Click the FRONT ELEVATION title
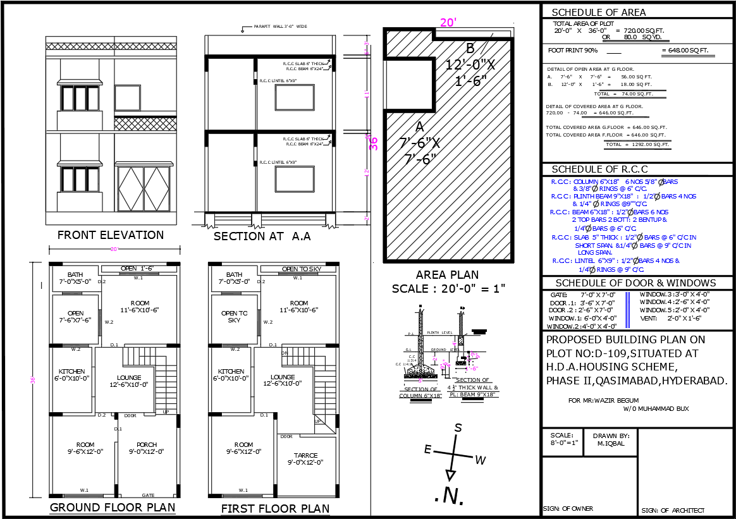(111, 235)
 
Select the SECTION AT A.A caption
(262, 236)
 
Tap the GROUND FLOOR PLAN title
(112, 508)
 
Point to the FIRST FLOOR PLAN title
(275, 509)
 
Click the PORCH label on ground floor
(147, 444)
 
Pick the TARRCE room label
(306, 455)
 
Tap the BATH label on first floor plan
(234, 274)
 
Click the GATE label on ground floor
(148, 495)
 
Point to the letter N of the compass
(450, 496)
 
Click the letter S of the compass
(458, 428)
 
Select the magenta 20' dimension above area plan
(448, 23)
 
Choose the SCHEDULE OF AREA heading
(599, 13)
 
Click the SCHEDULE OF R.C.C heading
(600, 169)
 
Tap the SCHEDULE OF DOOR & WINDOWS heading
(635, 283)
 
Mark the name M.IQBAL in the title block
(611, 443)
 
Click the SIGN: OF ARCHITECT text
(673, 510)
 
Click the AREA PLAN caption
(447, 275)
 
